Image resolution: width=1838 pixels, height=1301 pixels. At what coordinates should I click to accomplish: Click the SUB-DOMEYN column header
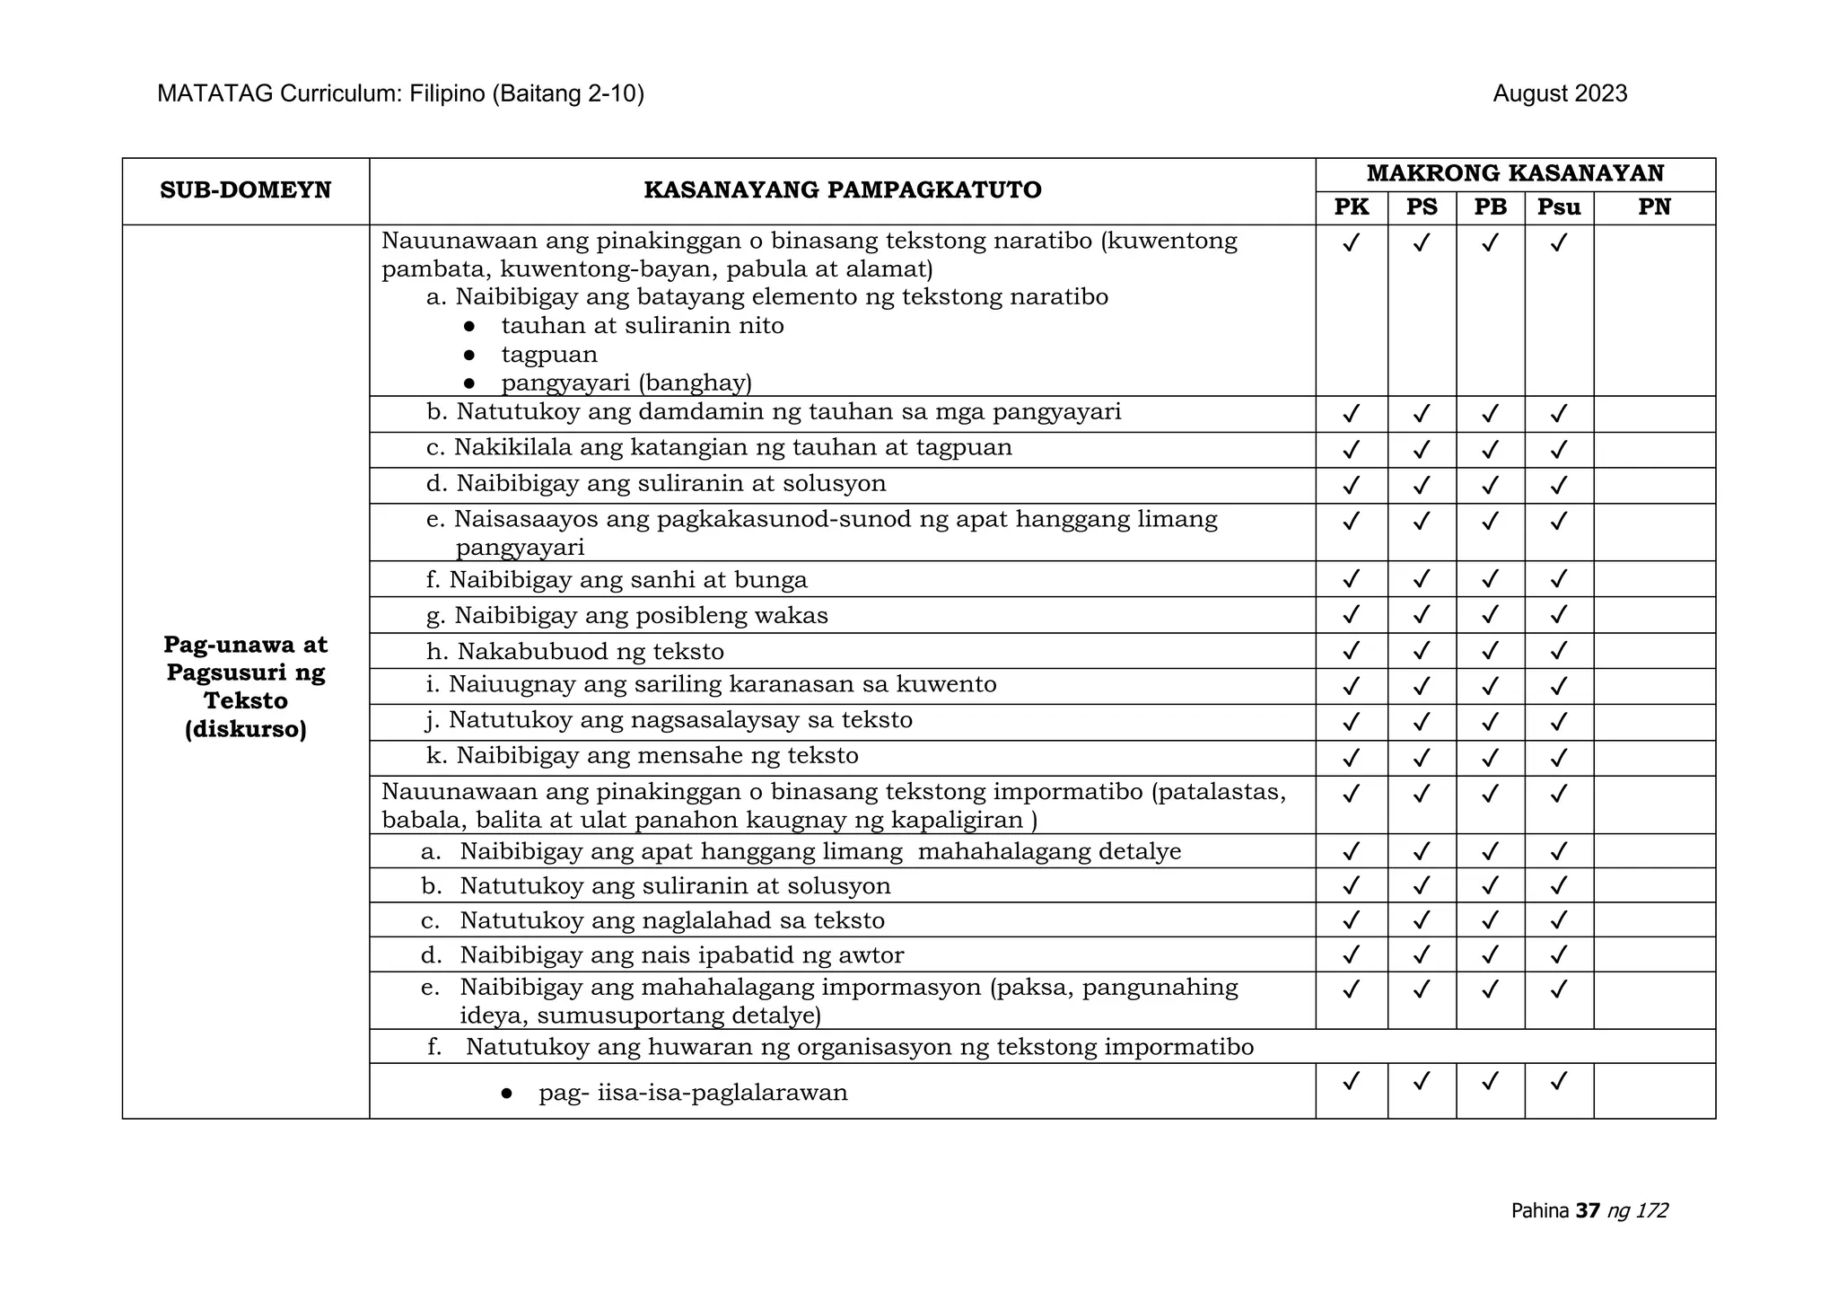245,190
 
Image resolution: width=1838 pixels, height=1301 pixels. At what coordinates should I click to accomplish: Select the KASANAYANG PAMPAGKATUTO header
842,190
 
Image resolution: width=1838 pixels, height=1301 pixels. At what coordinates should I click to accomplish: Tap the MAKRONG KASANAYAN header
1514,173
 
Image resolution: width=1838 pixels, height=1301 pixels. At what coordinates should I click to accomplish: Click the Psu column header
1558,207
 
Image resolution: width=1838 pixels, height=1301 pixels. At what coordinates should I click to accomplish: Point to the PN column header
1653,207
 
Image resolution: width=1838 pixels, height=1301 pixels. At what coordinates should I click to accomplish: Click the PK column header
1351,207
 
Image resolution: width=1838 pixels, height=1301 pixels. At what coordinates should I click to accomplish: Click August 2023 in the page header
1559,94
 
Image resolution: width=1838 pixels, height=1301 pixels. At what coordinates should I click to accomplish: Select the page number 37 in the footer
1587,1210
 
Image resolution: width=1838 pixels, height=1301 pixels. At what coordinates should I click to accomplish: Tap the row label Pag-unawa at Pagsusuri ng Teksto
245,686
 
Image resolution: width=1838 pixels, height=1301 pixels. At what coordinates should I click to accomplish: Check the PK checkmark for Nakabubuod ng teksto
1351,650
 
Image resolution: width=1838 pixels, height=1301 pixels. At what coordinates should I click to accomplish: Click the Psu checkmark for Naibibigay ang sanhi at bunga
1558,579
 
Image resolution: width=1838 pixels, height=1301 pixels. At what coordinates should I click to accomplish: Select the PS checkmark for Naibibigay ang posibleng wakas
1421,615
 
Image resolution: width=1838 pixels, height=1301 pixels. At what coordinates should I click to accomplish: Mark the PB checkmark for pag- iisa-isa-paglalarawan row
1490,1082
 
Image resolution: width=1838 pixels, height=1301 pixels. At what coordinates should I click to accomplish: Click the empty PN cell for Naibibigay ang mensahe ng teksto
1653,758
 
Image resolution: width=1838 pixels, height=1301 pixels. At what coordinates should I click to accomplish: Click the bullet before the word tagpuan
468,355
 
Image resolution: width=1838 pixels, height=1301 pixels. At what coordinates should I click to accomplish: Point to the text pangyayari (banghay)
626,383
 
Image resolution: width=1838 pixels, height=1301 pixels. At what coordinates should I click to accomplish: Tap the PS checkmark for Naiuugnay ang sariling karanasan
1421,686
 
